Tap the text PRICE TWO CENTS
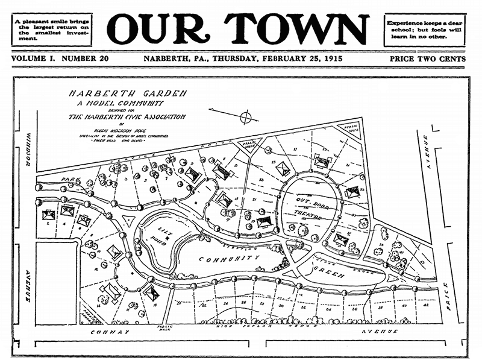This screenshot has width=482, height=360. coord(427,59)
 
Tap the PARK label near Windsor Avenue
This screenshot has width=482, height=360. coord(74,180)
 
